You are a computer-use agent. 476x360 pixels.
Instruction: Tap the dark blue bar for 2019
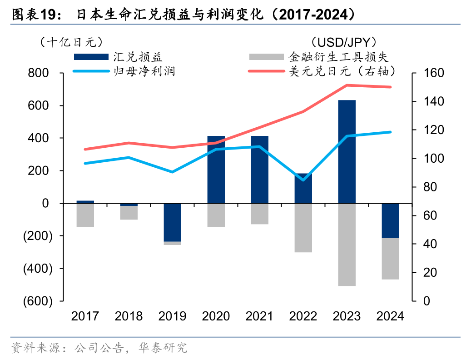coord(172,222)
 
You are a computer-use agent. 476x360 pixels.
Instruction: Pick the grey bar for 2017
coord(85,215)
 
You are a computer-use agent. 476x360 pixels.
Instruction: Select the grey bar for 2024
coord(390,258)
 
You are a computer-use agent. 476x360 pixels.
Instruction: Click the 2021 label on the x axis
coord(259,316)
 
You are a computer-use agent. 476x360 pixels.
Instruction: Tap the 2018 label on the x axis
coord(129,316)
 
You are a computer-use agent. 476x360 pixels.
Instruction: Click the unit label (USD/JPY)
coord(345,43)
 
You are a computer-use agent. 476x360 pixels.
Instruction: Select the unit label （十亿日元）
coord(68,42)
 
